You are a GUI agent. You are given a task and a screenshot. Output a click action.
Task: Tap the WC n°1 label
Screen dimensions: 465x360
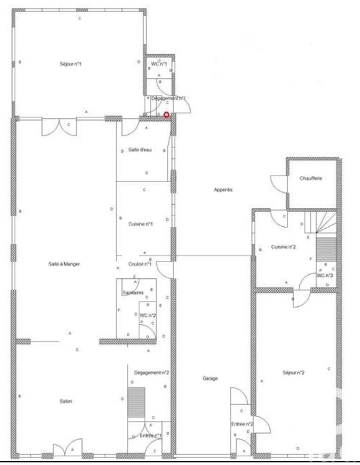pos(159,63)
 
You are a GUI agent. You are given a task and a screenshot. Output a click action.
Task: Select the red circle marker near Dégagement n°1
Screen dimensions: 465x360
pos(166,115)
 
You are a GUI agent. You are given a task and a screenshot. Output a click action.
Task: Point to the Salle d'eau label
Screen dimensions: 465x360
pos(140,150)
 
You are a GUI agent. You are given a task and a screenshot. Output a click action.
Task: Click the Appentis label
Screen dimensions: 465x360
pos(223,190)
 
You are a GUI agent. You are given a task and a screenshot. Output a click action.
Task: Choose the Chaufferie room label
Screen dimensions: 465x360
pos(311,179)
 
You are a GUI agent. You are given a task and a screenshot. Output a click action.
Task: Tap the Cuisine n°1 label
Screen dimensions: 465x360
pos(141,224)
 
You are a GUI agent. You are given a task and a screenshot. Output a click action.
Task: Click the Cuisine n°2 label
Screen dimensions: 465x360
pos(283,247)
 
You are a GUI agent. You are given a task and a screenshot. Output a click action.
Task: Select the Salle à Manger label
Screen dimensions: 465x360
pos(64,264)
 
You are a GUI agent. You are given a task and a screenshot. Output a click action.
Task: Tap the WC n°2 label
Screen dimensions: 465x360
pos(148,315)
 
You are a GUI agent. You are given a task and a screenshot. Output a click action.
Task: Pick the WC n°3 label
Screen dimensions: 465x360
pos(325,276)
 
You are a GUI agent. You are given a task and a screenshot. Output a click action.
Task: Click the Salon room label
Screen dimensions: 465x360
pos(65,401)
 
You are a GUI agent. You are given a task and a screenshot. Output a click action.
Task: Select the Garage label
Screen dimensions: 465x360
pos(210,378)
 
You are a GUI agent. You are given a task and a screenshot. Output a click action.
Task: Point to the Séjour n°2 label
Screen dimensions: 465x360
pos(293,373)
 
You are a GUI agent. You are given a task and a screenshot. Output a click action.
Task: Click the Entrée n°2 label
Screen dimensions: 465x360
pos(242,424)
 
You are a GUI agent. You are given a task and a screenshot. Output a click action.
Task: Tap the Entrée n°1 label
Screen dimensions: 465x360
pos(151,436)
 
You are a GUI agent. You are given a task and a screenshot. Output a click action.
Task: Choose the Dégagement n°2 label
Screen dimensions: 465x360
pos(151,373)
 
